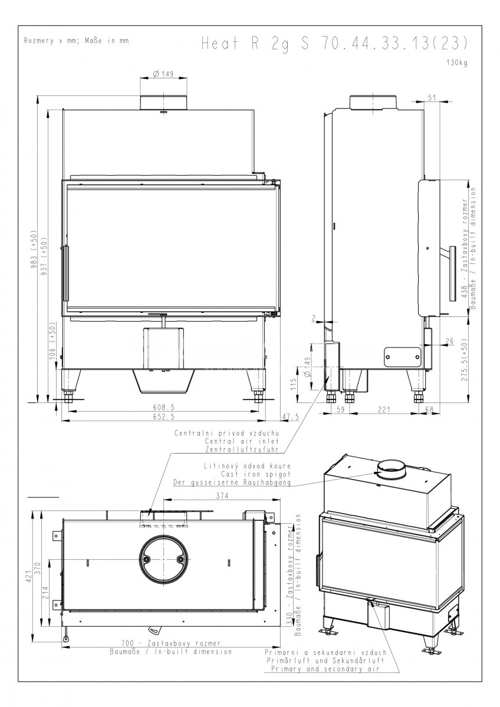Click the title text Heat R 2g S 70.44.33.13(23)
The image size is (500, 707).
pyautogui.click(x=334, y=43)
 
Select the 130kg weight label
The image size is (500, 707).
pyautogui.click(x=457, y=62)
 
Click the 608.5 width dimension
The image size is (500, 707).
pyautogui.click(x=163, y=407)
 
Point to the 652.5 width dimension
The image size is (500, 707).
pyautogui.click(x=163, y=417)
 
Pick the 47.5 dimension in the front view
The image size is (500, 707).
pyautogui.click(x=290, y=417)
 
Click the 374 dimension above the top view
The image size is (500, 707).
pyautogui.click(x=222, y=495)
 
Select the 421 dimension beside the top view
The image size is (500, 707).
pyautogui.click(x=29, y=576)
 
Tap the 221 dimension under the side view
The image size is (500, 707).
pyautogui.click(x=384, y=409)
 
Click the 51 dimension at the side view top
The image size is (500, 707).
pyautogui.click(x=432, y=98)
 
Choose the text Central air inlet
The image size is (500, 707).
pyautogui.click(x=242, y=441)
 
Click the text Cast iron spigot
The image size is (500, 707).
pyautogui.click(x=255, y=474)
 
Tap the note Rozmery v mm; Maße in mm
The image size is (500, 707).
pyautogui.click(x=76, y=41)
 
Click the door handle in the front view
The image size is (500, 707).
pyautogui.click(x=65, y=273)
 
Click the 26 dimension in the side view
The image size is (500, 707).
pyautogui.click(x=449, y=341)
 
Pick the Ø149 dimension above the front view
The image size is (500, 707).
pyautogui.click(x=163, y=74)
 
